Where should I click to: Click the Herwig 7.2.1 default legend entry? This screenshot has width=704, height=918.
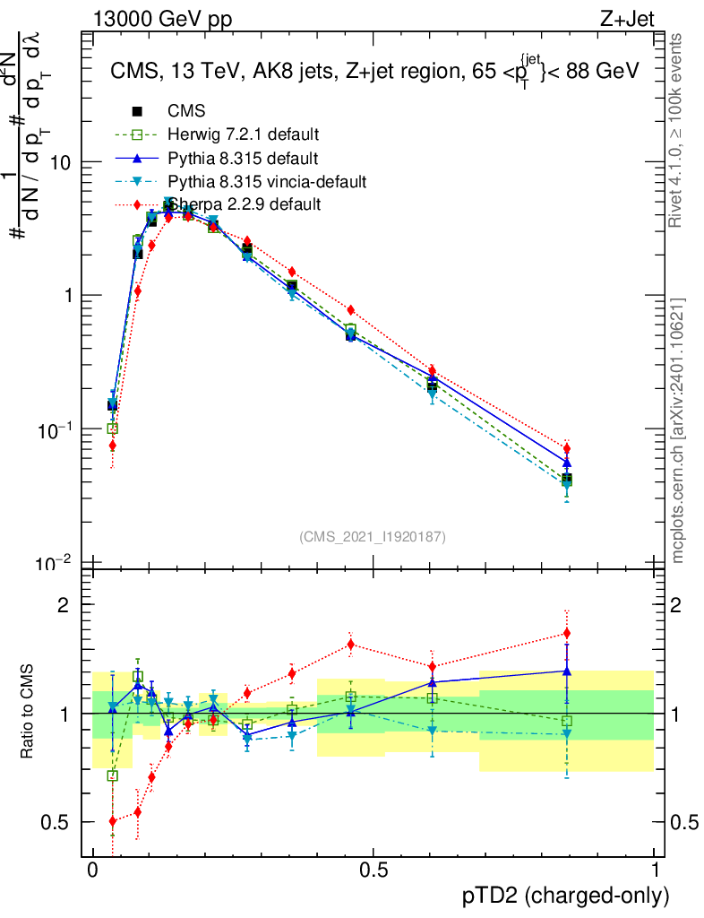click(243, 134)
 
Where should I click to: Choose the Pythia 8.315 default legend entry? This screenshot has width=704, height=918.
click(243, 158)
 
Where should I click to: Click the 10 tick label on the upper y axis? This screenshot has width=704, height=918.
click(62, 162)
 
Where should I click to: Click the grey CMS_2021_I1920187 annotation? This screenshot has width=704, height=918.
click(373, 536)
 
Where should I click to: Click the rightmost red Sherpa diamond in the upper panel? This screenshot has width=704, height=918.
click(566, 448)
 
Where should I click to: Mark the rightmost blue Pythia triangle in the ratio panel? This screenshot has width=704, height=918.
click(566, 671)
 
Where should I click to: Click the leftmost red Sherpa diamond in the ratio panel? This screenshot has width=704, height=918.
click(113, 821)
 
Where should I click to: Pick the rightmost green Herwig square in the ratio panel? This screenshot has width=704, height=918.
click(566, 721)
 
